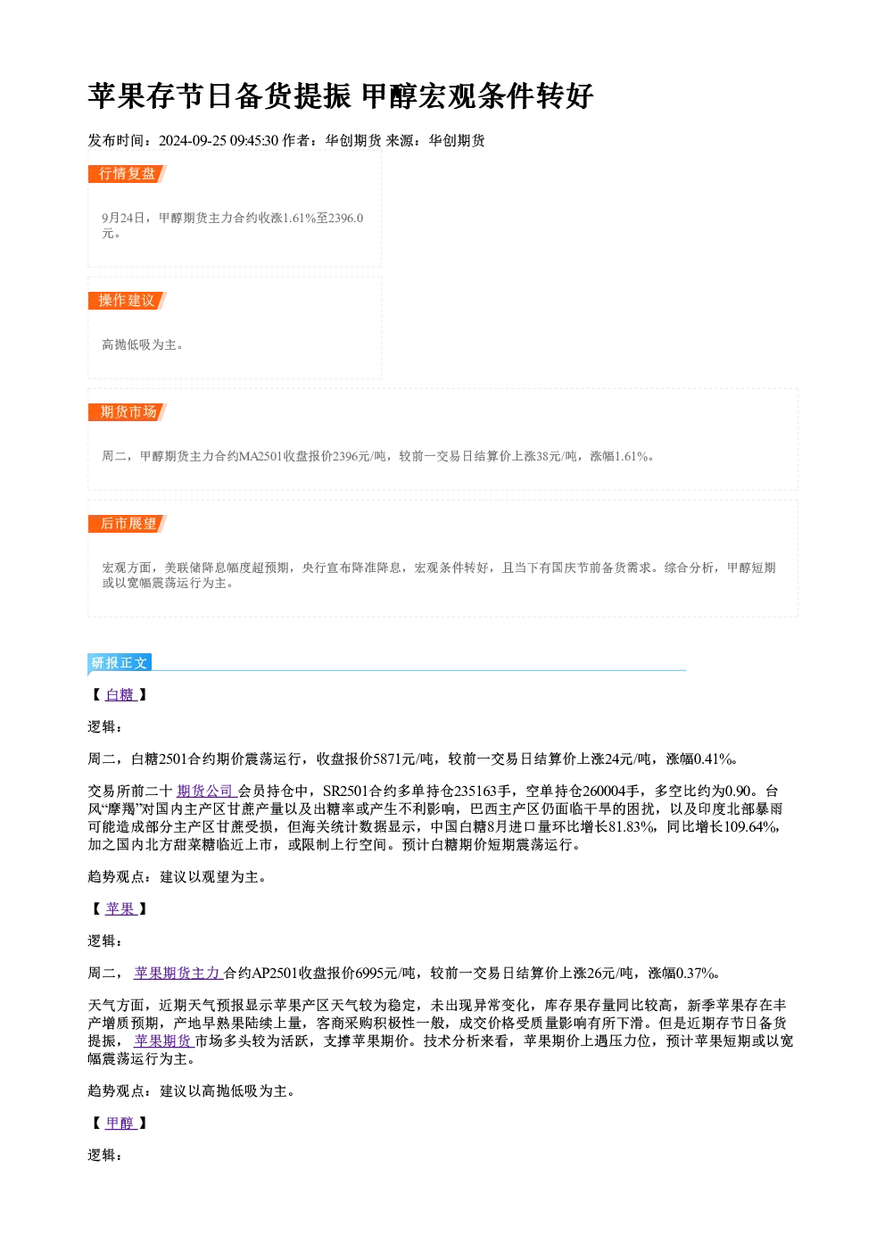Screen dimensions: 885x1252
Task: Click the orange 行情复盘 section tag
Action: [x=128, y=174]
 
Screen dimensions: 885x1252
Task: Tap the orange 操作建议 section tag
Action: [x=128, y=301]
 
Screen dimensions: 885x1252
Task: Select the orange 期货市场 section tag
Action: [x=128, y=412]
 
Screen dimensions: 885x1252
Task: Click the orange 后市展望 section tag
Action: [x=128, y=524]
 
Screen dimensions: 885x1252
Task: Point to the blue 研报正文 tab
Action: [x=120, y=663]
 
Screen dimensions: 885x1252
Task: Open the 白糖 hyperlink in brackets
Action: [x=120, y=695]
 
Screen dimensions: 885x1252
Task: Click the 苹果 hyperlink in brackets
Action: [x=120, y=909]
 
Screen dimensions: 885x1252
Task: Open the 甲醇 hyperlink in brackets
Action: [x=120, y=1123]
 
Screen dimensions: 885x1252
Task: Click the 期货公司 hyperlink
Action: [x=206, y=792]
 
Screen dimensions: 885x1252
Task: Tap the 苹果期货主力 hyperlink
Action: [x=178, y=974]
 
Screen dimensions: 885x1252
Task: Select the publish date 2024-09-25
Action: [x=192, y=141]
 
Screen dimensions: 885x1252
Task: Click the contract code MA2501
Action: [x=261, y=457]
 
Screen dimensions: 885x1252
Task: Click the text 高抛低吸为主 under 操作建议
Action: [x=139, y=345]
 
